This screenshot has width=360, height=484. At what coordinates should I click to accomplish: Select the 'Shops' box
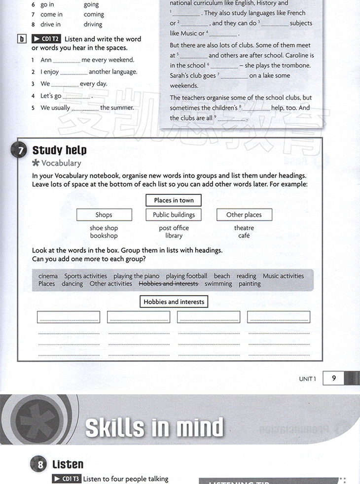(x=104, y=215)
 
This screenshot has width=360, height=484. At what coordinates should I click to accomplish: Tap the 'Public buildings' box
(x=174, y=215)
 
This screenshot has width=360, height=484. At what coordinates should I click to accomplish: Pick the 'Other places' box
(x=244, y=215)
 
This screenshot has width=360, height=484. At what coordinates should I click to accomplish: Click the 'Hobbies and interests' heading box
(x=174, y=302)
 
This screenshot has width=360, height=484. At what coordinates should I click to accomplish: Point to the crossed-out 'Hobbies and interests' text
(x=168, y=284)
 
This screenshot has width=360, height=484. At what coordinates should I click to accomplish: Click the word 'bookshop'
(x=104, y=236)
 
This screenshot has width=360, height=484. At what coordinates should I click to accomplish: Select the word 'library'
(x=174, y=236)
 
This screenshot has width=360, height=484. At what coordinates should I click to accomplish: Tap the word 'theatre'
(x=244, y=228)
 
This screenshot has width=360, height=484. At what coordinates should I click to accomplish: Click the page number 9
(x=334, y=378)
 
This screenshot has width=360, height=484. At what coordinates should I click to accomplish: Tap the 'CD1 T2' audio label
(x=46, y=39)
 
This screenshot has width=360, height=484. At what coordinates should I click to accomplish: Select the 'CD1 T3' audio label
(x=67, y=479)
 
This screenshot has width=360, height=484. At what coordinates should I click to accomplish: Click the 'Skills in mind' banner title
(x=154, y=427)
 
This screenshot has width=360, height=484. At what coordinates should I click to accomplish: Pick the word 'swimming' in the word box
(x=218, y=284)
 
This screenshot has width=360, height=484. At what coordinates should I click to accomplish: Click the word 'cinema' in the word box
(x=48, y=276)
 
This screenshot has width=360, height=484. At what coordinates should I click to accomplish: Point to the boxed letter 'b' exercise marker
(x=21, y=39)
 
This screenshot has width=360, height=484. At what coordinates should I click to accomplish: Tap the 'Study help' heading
(x=59, y=150)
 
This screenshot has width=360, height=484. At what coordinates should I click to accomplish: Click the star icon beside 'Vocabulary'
(x=36, y=163)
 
